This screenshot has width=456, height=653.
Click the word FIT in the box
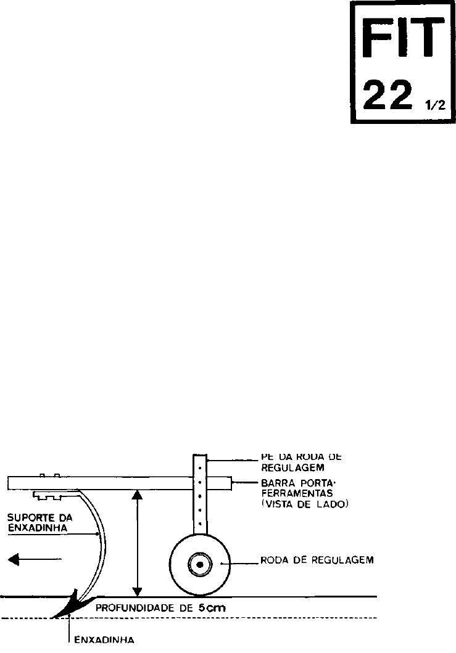pos(403,37)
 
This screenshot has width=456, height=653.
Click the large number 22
pos(388,96)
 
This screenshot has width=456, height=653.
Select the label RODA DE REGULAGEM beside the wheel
pos(317,560)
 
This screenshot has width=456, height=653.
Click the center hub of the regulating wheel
pos(200,564)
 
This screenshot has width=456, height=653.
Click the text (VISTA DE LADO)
pos(305,504)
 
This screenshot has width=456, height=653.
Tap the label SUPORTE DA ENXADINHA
pos(39,523)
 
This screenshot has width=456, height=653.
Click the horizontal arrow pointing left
pos(35,559)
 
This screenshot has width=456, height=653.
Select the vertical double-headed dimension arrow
pos(137,543)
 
